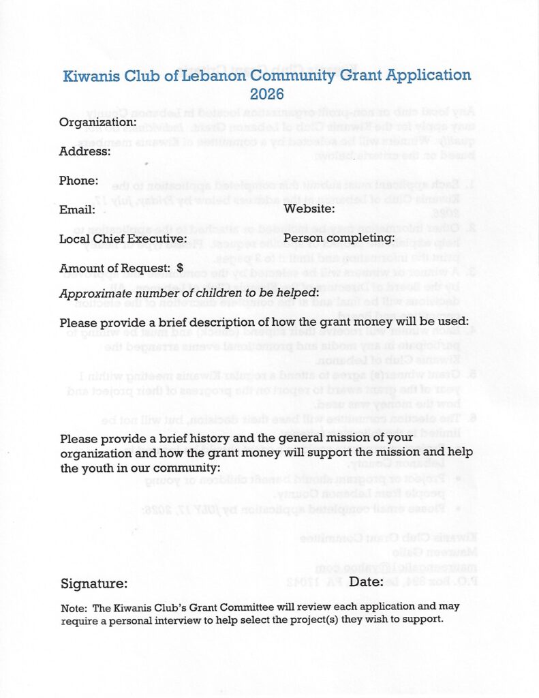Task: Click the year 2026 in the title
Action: [267, 94]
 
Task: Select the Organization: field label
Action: [98, 123]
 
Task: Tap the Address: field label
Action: [84, 151]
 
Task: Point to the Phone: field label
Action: [79, 181]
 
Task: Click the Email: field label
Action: [77, 209]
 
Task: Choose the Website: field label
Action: [309, 209]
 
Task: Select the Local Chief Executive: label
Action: [123, 239]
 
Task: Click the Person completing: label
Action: [339, 238]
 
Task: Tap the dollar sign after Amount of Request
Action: [180, 269]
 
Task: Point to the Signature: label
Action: [93, 583]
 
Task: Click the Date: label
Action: [366, 581]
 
